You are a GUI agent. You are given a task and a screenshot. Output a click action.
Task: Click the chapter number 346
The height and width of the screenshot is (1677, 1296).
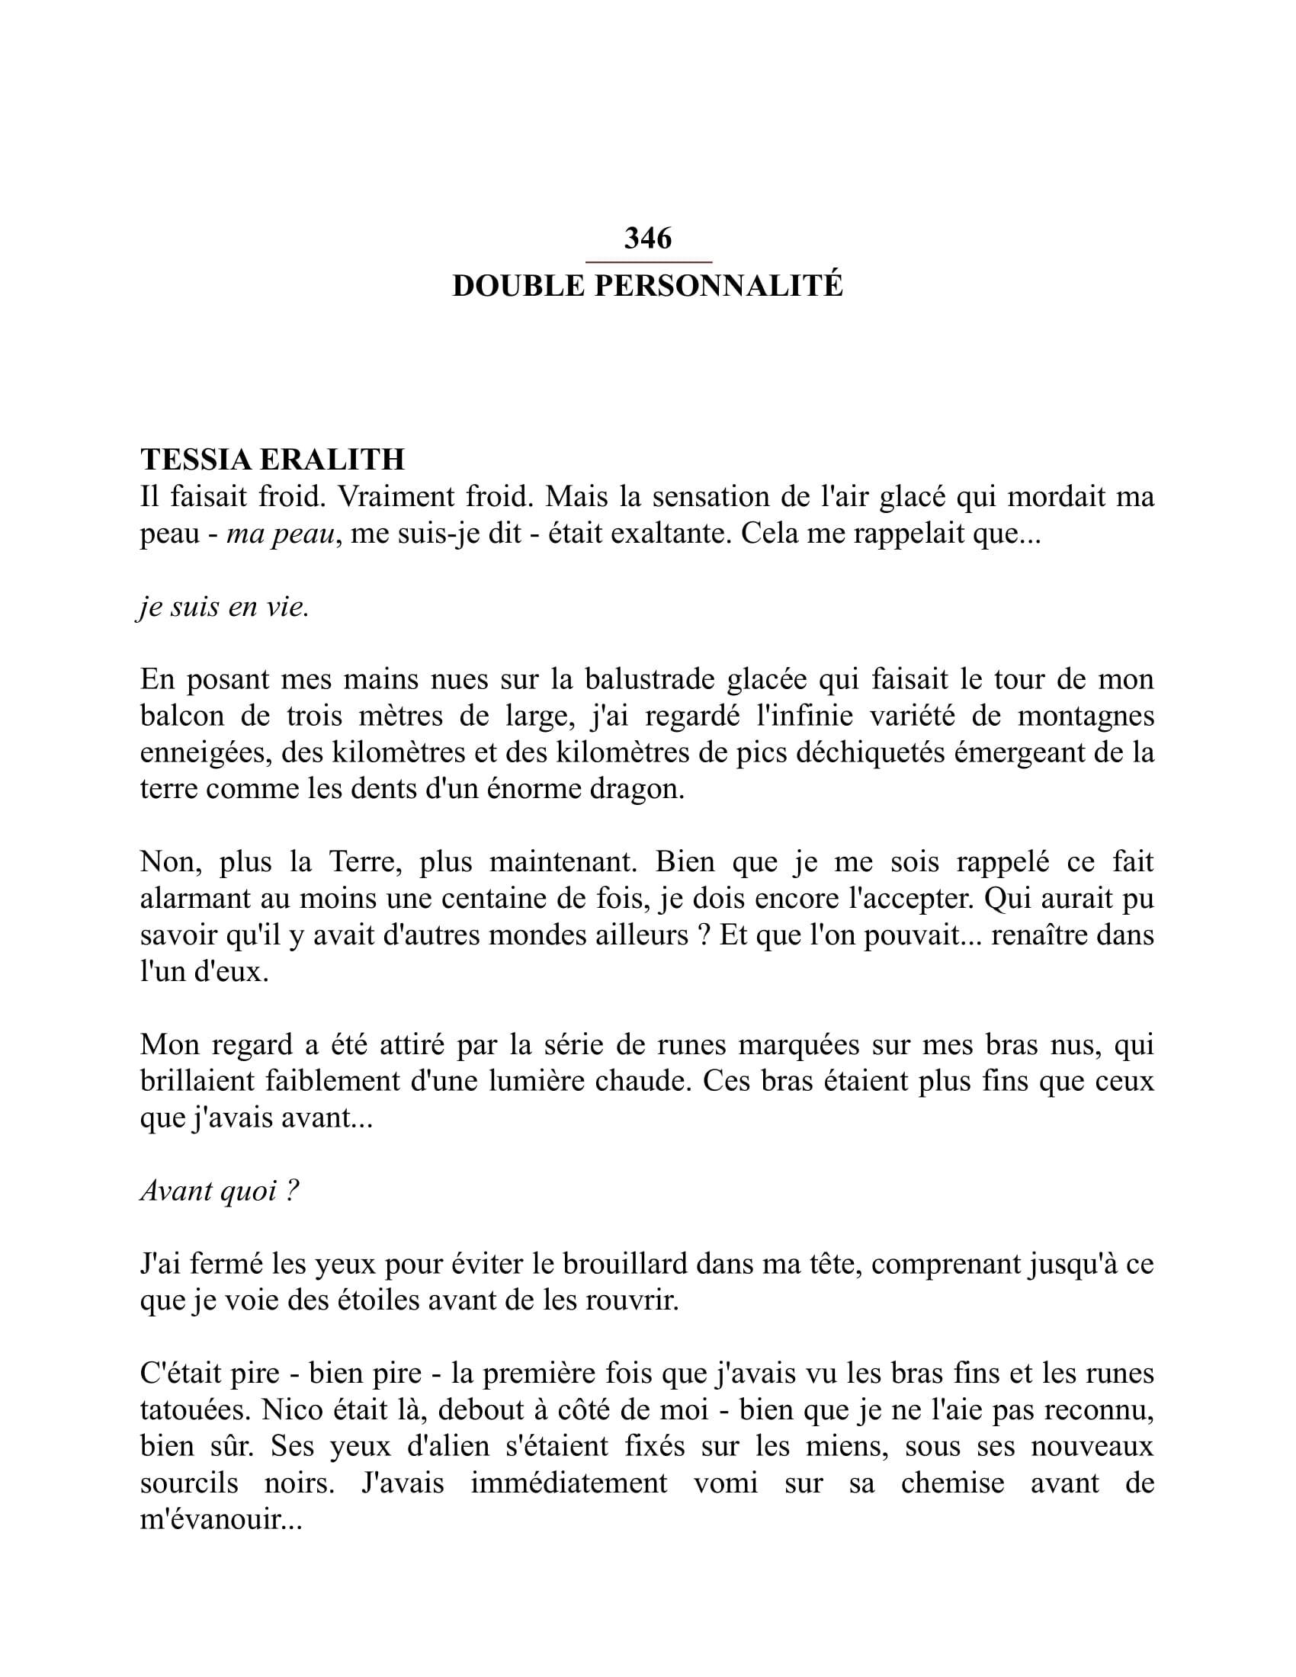click(647, 239)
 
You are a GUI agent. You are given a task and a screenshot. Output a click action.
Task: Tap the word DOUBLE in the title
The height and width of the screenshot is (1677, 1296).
click(518, 286)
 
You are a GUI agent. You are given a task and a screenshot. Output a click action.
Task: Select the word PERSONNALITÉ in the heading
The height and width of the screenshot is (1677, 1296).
click(719, 286)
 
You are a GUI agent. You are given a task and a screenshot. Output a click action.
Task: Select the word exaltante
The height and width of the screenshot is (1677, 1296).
click(671, 533)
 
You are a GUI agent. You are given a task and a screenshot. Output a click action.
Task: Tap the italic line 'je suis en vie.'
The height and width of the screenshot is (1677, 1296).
click(224, 607)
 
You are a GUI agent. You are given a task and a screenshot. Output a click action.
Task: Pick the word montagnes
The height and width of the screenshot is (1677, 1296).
click(1086, 716)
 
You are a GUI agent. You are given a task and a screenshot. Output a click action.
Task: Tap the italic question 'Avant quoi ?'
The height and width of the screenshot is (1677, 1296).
click(220, 1191)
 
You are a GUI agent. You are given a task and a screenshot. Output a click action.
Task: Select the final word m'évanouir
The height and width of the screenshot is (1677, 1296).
click(221, 1519)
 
